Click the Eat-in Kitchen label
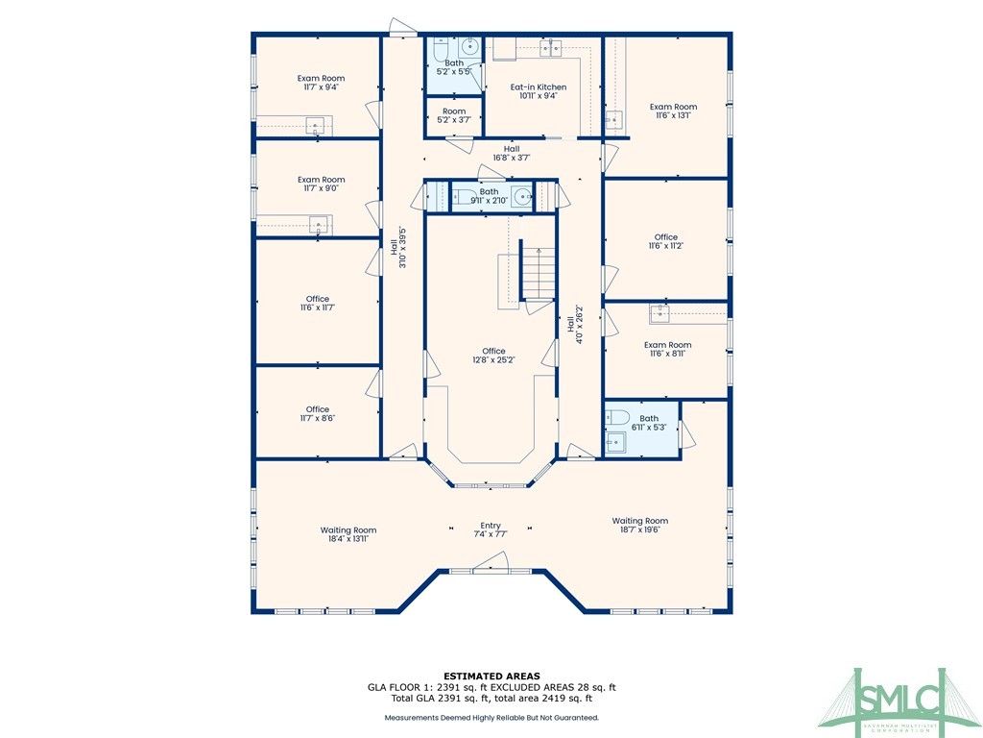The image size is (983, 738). (x=538, y=91)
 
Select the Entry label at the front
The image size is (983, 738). (x=491, y=529)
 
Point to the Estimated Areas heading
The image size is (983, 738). (x=491, y=675)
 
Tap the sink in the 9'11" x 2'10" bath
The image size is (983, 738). (x=521, y=197)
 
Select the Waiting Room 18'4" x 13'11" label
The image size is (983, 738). (x=348, y=534)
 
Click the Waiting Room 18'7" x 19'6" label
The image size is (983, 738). (x=640, y=525)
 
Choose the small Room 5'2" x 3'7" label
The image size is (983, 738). (x=453, y=115)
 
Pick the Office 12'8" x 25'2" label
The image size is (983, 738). (x=493, y=356)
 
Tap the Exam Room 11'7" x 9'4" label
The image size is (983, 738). (x=321, y=83)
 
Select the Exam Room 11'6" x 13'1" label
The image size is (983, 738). (x=673, y=111)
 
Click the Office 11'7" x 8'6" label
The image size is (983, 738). (x=317, y=413)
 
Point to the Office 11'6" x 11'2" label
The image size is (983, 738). (x=666, y=241)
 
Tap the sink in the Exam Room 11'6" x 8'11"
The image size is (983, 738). (x=659, y=313)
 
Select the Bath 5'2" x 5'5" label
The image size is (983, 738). (x=454, y=67)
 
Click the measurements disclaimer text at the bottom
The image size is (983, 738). (x=491, y=718)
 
